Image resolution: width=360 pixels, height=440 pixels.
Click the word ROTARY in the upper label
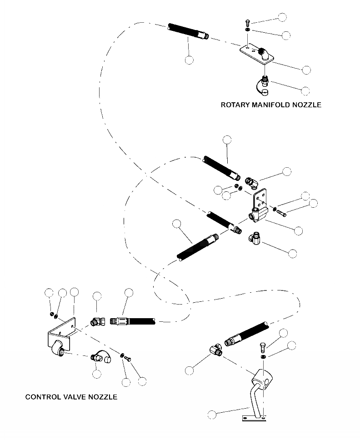coord(235,105)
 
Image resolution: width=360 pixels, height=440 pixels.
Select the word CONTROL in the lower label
coord(42,397)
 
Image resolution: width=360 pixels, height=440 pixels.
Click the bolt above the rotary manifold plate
coord(246,22)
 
